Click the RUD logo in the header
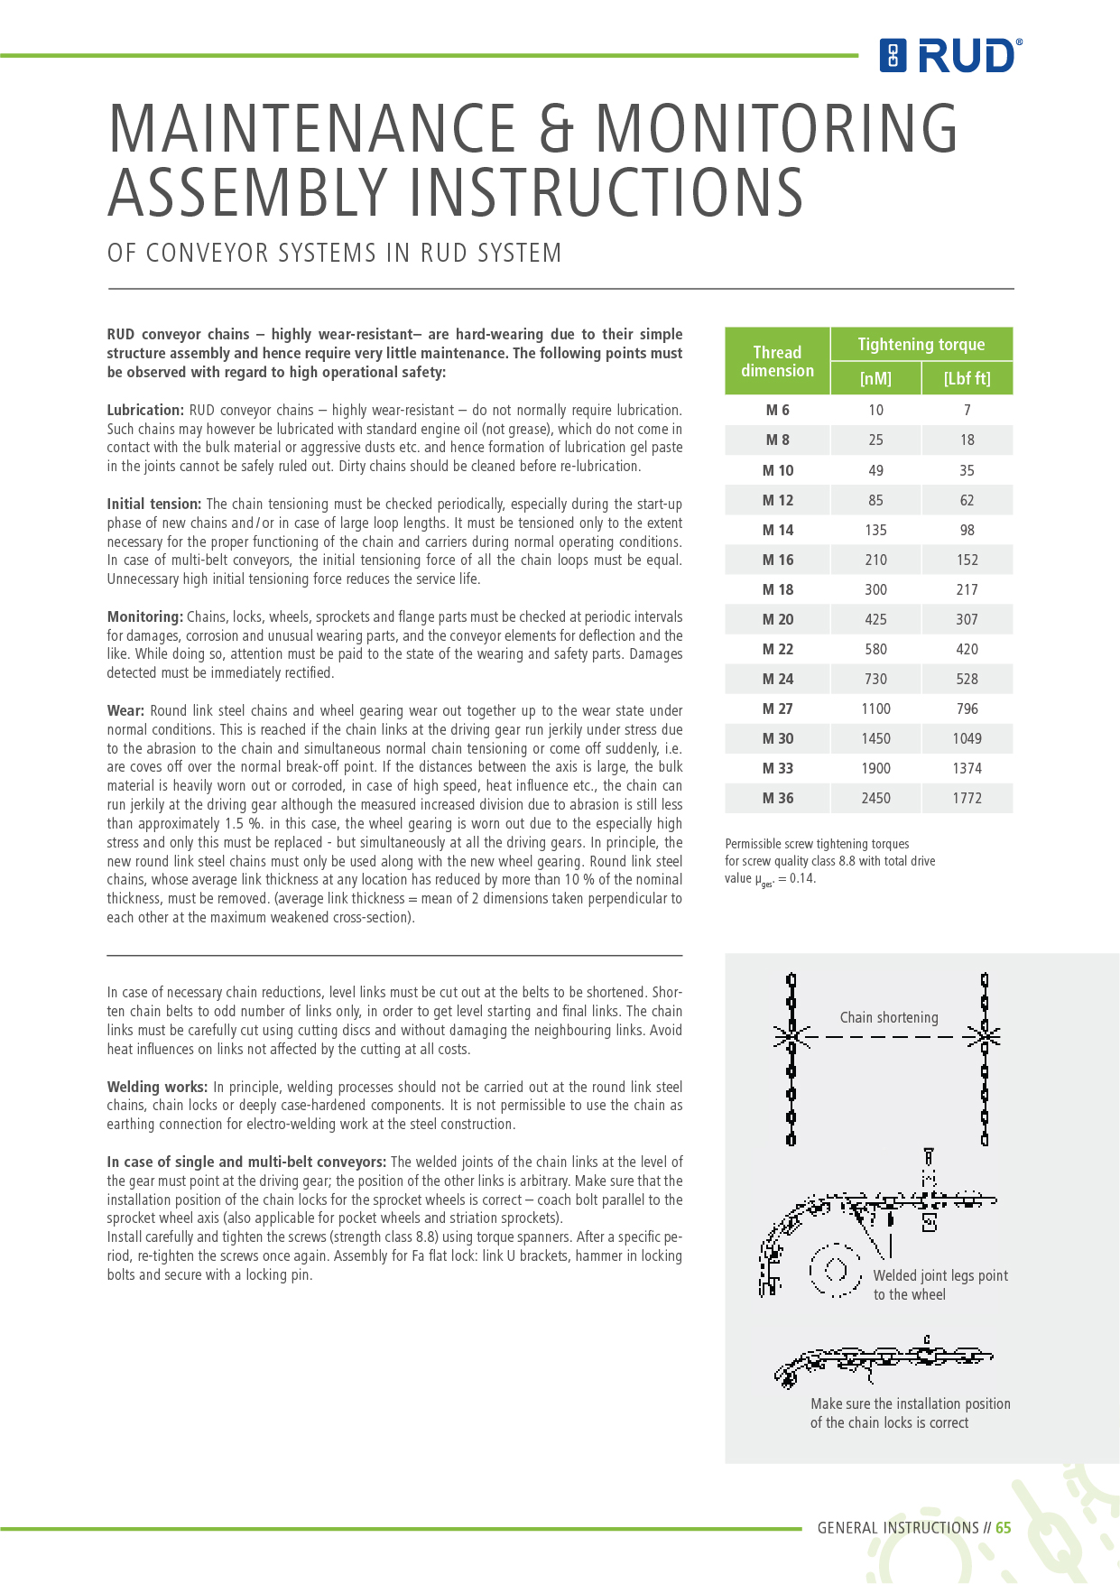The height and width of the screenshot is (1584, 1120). click(x=950, y=56)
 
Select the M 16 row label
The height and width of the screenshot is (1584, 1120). click(x=777, y=560)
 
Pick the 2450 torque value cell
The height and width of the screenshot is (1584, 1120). click(x=875, y=798)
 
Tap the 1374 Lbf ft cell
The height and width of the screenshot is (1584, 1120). click(x=967, y=768)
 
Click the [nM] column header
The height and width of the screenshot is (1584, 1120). click(x=875, y=378)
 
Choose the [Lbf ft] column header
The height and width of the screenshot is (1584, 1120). click(x=967, y=378)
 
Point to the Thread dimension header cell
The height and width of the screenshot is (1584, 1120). click(x=777, y=361)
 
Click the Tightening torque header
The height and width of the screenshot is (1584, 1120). click(x=921, y=344)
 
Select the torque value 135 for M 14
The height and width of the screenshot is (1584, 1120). click(x=875, y=530)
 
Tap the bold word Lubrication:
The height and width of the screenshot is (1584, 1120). click(x=145, y=411)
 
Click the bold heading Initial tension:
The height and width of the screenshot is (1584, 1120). click(x=153, y=505)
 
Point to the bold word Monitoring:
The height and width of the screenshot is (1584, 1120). click(x=144, y=617)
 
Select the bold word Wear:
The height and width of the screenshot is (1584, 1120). click(x=125, y=711)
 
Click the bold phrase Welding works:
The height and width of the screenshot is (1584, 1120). click(x=157, y=1088)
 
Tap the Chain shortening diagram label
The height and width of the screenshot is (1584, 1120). click(x=889, y=1018)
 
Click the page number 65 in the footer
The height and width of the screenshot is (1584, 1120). click(x=1003, y=1528)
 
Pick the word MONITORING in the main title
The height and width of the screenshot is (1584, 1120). click(x=776, y=128)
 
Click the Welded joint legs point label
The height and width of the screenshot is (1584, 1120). click(x=940, y=1276)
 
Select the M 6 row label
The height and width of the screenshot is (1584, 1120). click(x=777, y=410)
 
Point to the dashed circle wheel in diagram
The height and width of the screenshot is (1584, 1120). click(x=835, y=1270)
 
